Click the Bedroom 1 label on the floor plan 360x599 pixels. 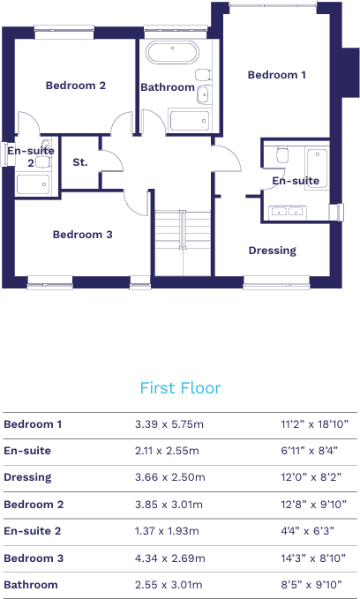pos(276,75)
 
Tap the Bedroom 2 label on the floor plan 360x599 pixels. pos(76,86)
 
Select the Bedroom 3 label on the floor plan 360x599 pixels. pos(82,235)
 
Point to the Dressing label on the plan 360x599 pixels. pos(272,251)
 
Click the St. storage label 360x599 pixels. pos(80,162)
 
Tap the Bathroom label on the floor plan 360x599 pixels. pos(168,87)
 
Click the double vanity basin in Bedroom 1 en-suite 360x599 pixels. pos(287,211)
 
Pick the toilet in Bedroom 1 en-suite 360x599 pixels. pos(281,155)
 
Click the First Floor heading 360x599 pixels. pos(180,388)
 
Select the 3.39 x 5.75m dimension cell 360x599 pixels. pos(169,424)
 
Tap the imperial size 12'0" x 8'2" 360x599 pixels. pos(309,477)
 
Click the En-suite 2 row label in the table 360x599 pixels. pos(33,531)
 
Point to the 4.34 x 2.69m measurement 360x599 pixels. pos(169,558)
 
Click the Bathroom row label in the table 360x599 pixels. pos(31,585)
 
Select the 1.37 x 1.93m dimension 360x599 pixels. pos(169,531)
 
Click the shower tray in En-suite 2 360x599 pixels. pos(34,184)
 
